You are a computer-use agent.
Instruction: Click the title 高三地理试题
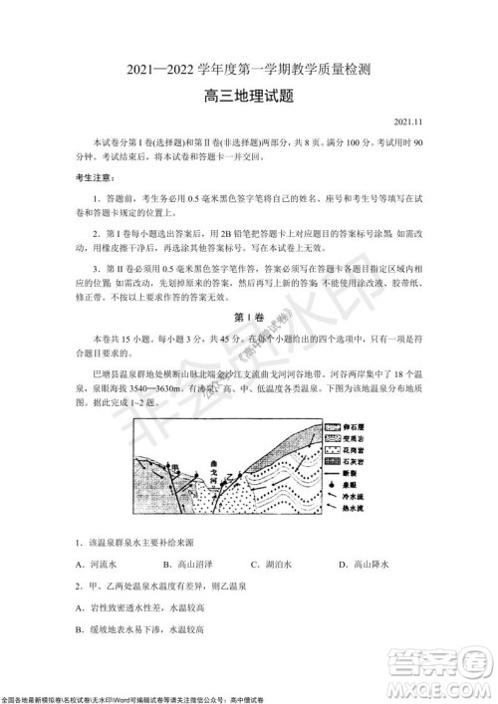(x=248, y=97)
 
